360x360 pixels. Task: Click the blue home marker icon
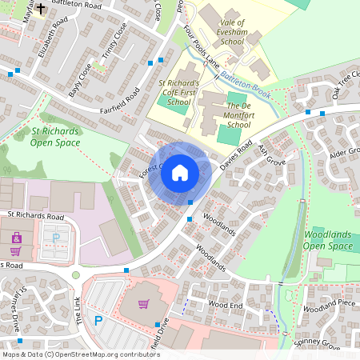pos(180,172)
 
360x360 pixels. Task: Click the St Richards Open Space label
pos(56,136)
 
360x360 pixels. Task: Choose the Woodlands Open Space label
pos(328,241)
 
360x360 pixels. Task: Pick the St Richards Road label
pos(35,216)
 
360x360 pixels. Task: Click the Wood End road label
pos(225,305)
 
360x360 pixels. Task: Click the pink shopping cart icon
pos(144,304)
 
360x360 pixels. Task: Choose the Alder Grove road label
pos(345,153)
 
